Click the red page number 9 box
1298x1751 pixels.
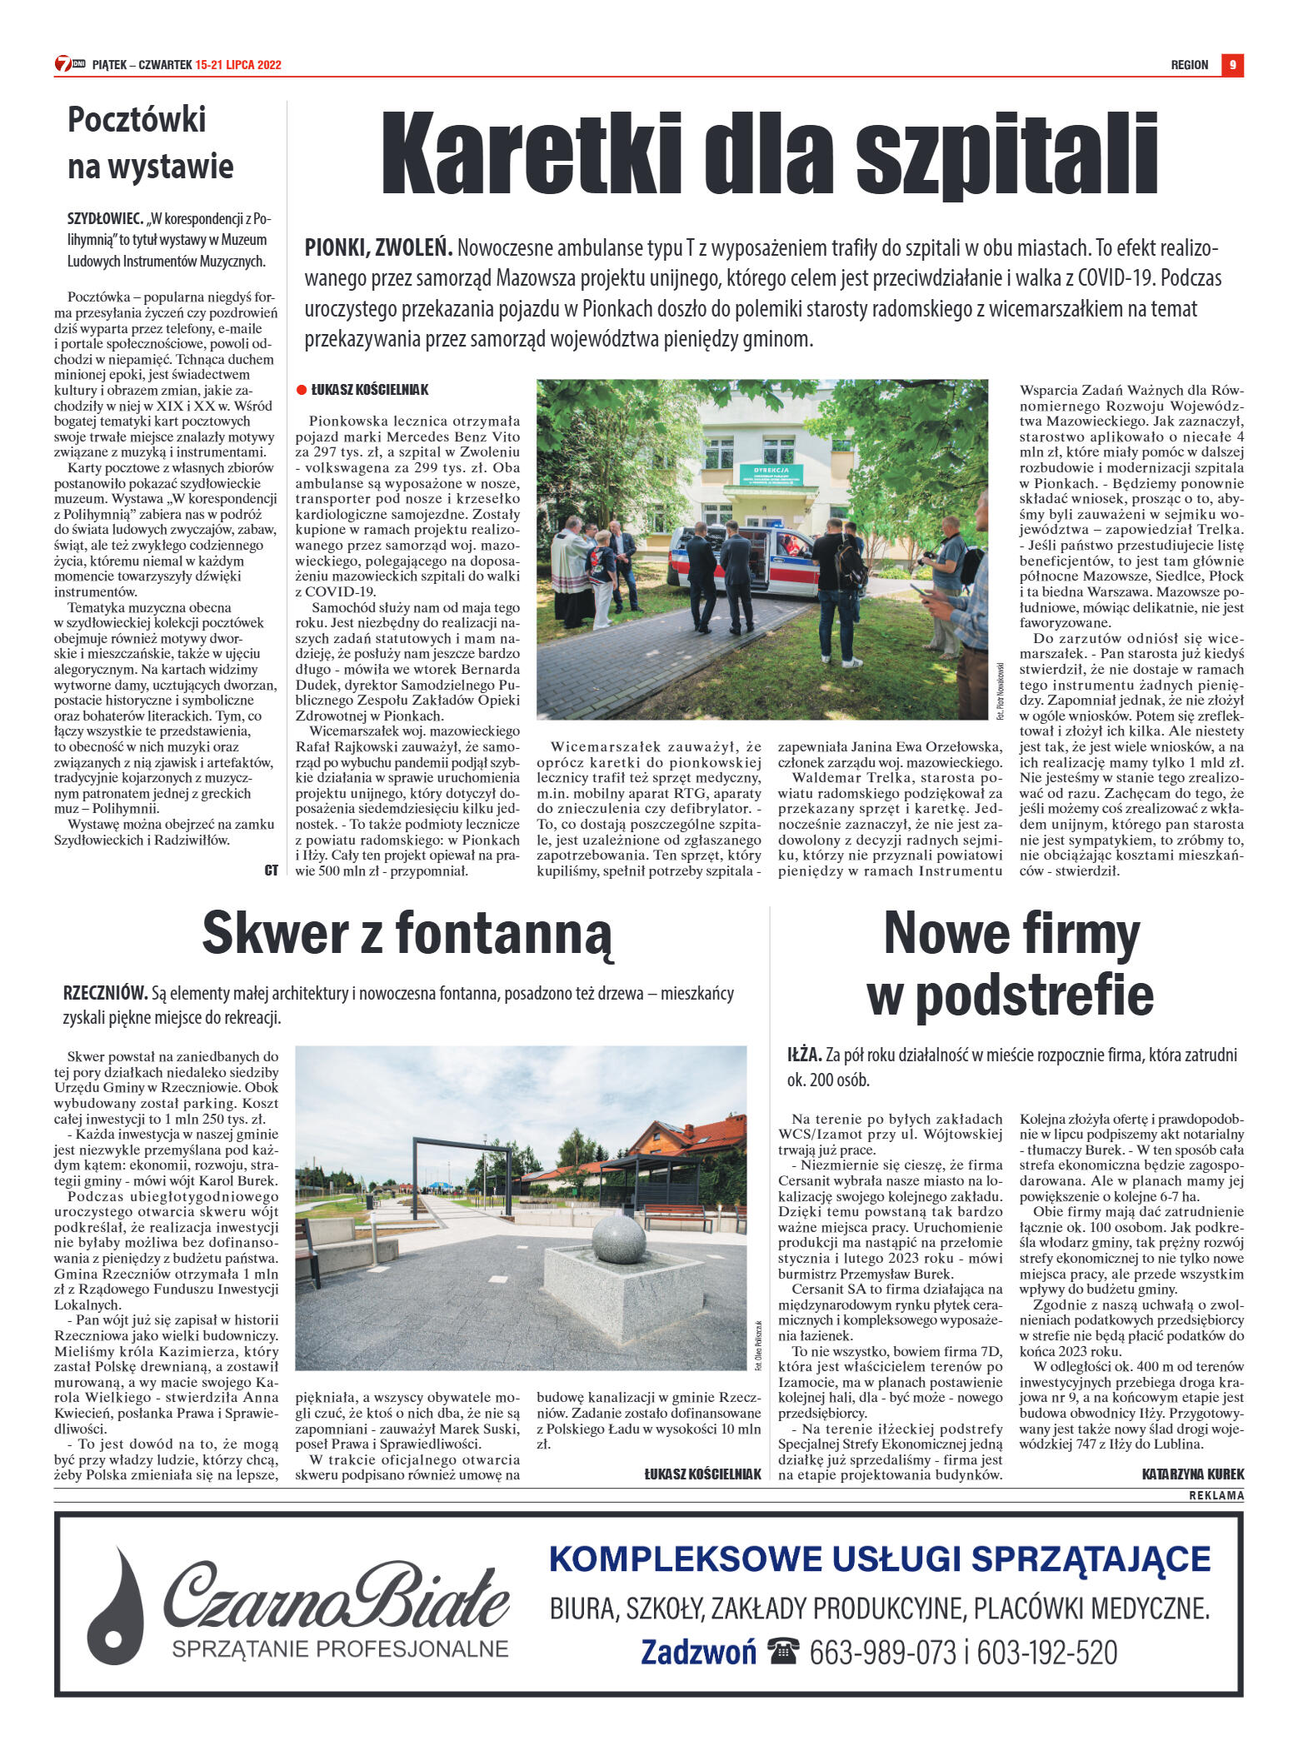[1232, 65]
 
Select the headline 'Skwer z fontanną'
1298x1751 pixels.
[407, 934]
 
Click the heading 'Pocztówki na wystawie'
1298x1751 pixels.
[150, 142]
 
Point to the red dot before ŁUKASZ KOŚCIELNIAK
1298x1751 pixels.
[302, 389]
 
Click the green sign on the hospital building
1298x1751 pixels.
[771, 475]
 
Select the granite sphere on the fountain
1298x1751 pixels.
[618, 1240]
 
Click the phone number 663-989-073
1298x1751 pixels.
[882, 1651]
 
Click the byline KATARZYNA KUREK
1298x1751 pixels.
[1192, 1474]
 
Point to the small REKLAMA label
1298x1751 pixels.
[1216, 1495]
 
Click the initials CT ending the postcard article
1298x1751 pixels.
[271, 870]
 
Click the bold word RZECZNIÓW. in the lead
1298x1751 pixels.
[105, 993]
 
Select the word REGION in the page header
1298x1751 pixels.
[1189, 65]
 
